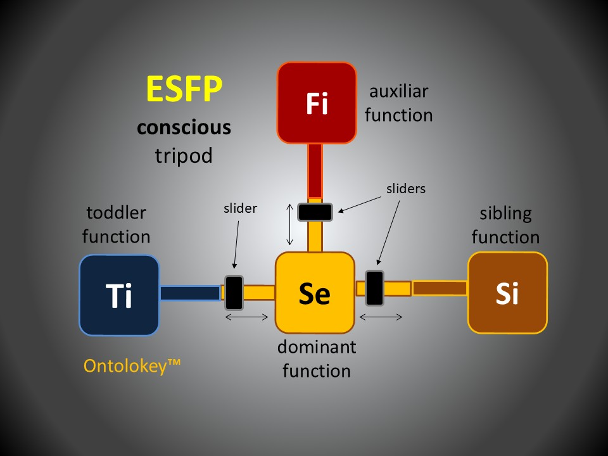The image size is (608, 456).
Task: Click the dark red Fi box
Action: coord(317,103)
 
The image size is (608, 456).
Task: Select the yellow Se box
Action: coord(315,293)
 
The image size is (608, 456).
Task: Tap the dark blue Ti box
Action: coord(119,295)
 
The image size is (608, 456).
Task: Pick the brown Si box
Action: coord(507,293)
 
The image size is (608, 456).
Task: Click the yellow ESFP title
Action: coord(184,89)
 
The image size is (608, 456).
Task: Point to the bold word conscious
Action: coord(184,128)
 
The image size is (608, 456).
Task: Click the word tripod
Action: coord(184,155)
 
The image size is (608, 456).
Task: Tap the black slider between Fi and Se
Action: coord(315,212)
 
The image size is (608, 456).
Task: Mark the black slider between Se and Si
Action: coord(374,288)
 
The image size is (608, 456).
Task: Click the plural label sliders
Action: coord(406,188)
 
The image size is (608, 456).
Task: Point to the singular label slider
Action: coord(240,208)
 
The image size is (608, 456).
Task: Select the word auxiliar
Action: coord(399,91)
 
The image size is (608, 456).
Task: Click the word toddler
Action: coord(116,213)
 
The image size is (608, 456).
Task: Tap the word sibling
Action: coord(505,213)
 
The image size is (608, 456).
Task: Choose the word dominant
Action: coord(317,347)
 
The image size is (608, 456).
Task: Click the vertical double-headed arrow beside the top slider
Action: coord(290,224)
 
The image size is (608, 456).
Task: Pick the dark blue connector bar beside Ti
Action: coord(189,293)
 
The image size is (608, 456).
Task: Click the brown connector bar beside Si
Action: coord(440,288)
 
